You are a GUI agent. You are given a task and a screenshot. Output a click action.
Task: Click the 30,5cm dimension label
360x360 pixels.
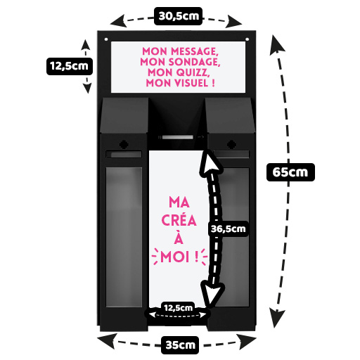178,16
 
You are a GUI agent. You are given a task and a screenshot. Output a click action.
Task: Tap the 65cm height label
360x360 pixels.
290,172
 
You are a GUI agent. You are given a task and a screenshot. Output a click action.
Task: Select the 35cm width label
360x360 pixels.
180,345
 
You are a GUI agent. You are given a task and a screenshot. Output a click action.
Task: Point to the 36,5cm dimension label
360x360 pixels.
228,229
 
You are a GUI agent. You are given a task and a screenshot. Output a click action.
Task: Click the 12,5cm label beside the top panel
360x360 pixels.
70,66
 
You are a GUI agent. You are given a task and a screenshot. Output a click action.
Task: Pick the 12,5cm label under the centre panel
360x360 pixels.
178,308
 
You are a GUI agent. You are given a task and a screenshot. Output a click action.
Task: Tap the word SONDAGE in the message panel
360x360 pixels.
194,62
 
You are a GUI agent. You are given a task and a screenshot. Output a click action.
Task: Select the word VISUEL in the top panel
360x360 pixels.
191,83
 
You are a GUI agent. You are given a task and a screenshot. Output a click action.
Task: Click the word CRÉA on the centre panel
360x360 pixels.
179,220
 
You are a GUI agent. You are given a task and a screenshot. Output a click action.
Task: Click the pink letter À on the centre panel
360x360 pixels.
179,237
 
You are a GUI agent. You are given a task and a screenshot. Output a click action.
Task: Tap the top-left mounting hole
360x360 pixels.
106,39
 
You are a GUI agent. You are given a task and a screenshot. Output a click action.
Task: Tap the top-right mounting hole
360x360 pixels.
247,39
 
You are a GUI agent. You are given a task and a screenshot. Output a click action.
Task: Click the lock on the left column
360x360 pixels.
124,144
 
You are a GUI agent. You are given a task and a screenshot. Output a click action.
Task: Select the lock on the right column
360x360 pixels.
231,144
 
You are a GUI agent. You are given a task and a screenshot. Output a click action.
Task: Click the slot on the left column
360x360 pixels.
124,154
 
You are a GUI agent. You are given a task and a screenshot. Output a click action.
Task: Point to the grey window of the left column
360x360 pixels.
124,237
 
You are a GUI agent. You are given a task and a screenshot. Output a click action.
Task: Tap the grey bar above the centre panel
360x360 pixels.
178,137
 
